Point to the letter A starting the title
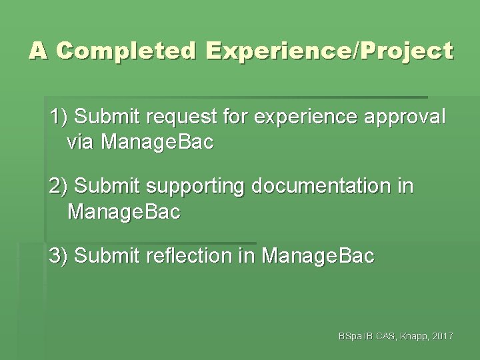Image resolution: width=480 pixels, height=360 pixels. pos(39,51)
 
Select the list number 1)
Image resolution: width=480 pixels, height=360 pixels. pos(59,118)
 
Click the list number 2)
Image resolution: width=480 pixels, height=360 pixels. pos(59,188)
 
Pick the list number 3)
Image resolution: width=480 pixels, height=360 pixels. pos(59,256)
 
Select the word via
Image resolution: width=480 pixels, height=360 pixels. pos(83,143)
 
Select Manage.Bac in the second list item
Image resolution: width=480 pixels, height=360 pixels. pos(124,213)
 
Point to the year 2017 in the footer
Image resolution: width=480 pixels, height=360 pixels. pos(442,337)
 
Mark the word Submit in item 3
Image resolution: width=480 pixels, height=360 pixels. pos(99,256)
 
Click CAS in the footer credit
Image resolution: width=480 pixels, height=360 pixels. pos(383,337)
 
